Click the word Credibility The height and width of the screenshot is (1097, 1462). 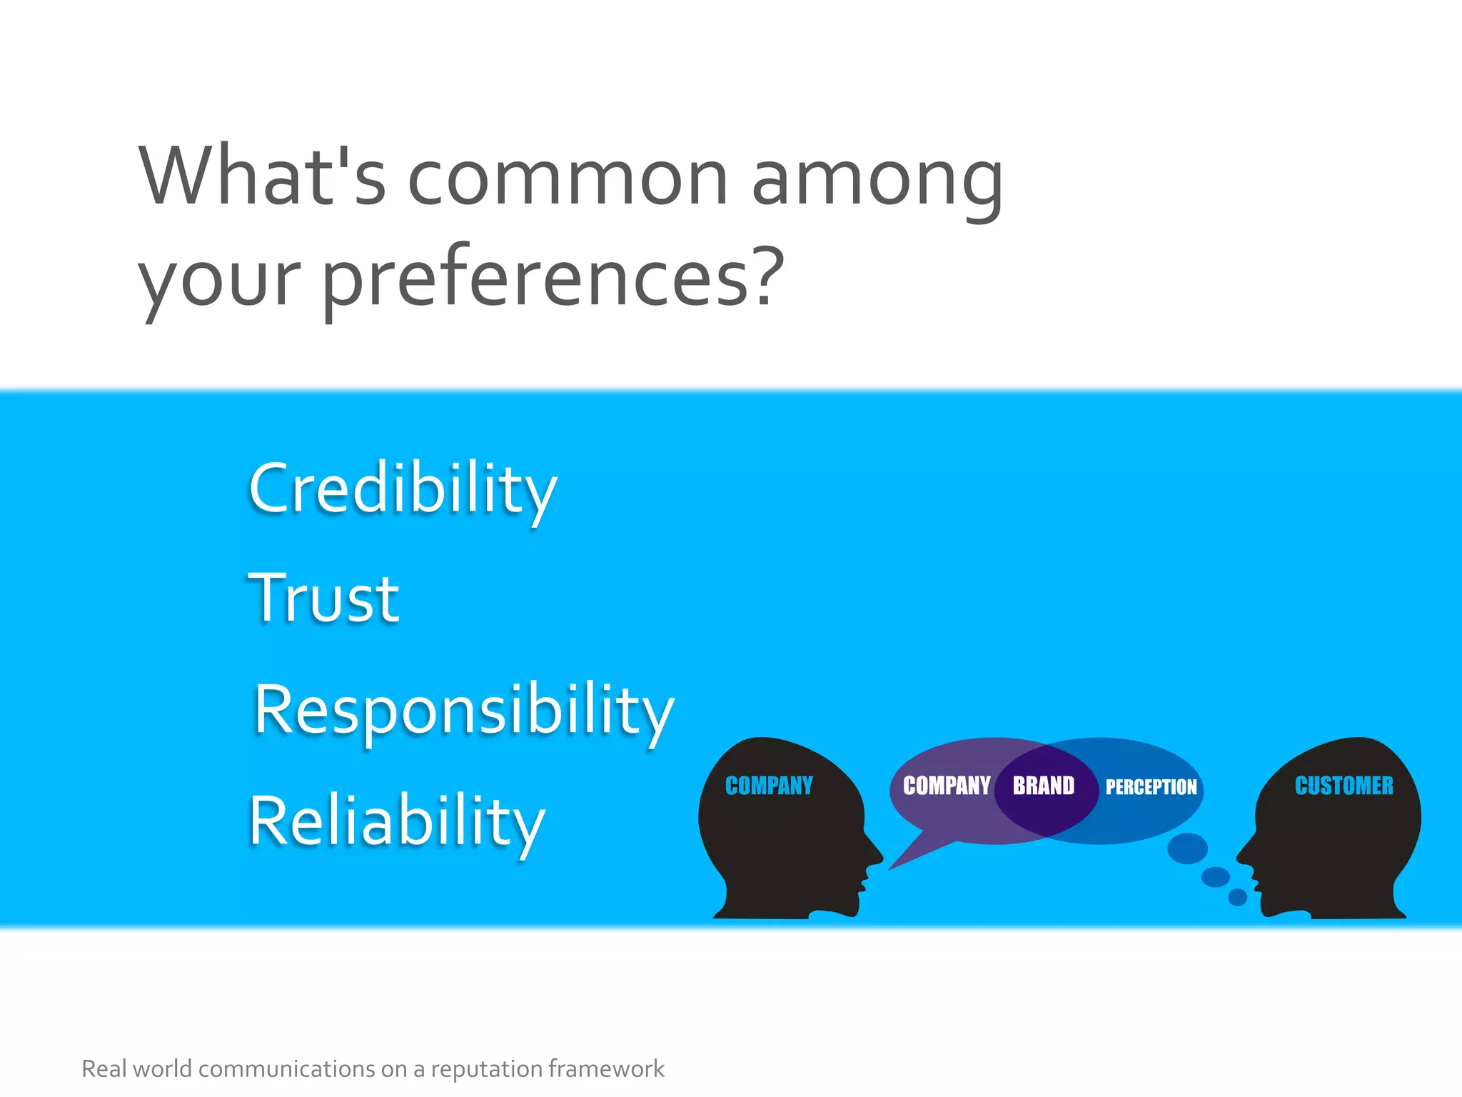click(x=402, y=489)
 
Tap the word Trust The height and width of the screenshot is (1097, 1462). click(x=323, y=598)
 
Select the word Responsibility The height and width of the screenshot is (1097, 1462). click(x=464, y=711)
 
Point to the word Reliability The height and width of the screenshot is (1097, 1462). click(x=397, y=821)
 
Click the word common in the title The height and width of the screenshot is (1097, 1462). click(x=568, y=179)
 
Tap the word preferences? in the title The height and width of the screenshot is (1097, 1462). click(x=553, y=279)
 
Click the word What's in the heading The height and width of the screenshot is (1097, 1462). click(x=263, y=177)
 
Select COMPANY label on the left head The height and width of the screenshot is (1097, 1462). click(x=769, y=786)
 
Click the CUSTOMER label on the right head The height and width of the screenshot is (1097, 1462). click(x=1343, y=786)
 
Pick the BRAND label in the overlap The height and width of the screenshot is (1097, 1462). click(x=1043, y=786)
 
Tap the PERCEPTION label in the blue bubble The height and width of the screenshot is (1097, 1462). click(x=1151, y=787)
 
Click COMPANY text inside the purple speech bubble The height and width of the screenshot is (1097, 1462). click(x=946, y=786)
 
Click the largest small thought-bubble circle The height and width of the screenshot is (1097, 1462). click(x=1187, y=848)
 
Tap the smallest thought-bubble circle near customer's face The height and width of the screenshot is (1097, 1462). click(x=1237, y=897)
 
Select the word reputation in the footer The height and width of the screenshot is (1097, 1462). click(x=486, y=1069)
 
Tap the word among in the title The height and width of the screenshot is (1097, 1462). click(x=877, y=179)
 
